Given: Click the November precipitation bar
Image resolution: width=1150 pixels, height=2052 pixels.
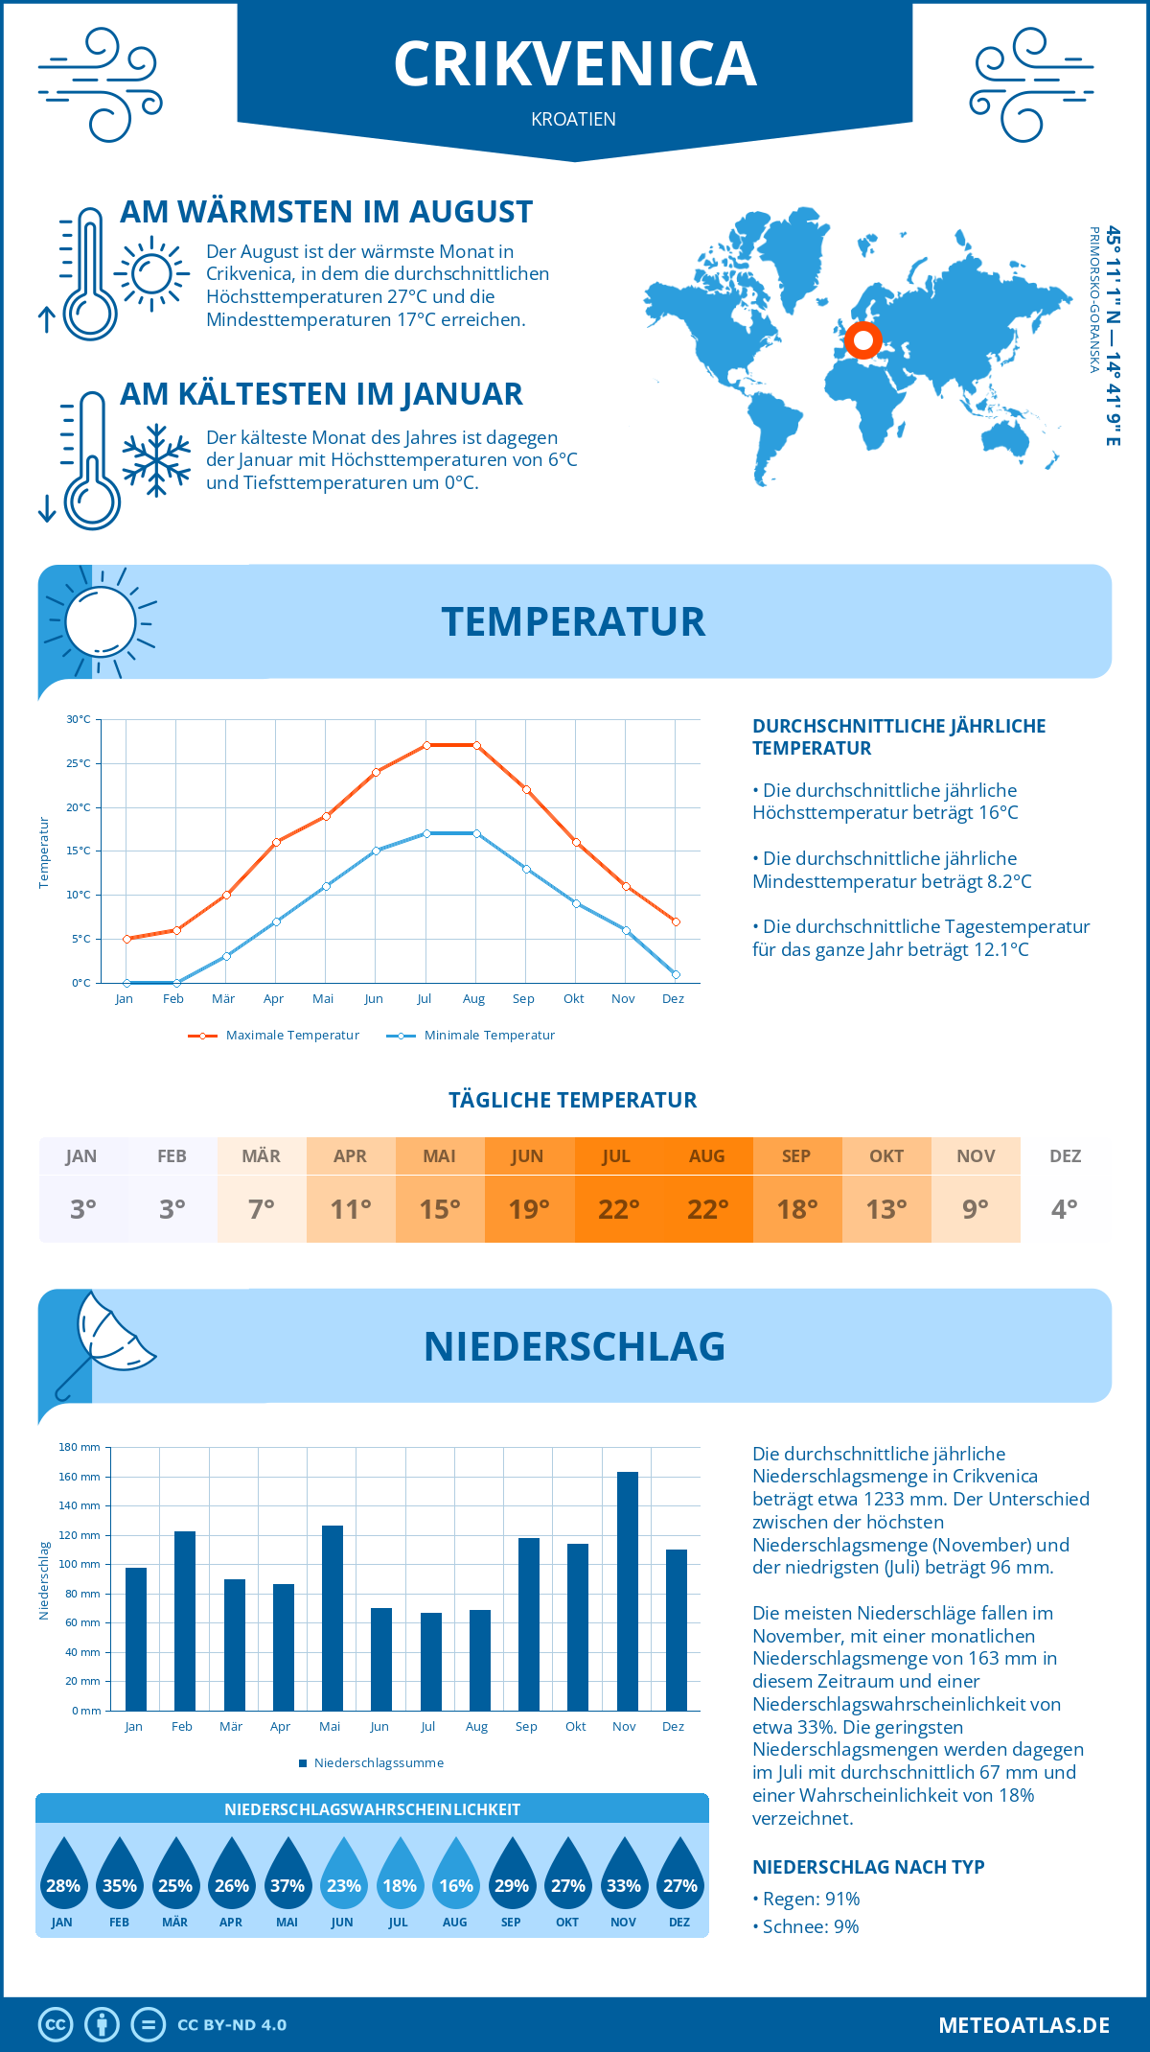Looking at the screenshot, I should point(627,1591).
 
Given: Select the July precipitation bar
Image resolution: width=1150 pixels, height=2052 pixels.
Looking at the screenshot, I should point(431,1662).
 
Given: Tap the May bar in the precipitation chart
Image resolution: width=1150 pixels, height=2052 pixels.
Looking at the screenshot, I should point(333,1618).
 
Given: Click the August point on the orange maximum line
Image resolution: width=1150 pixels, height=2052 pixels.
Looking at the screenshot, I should point(476,745).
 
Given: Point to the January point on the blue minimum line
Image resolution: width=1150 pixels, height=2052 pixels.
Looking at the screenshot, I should point(126,983).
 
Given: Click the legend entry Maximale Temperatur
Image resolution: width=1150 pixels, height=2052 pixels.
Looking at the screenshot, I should point(274,1036).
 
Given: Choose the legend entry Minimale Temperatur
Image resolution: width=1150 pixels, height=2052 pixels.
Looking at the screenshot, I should point(471,1036).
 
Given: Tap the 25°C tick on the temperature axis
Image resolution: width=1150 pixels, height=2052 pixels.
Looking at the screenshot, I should point(79,763).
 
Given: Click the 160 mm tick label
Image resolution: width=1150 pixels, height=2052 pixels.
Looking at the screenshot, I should point(80,1477).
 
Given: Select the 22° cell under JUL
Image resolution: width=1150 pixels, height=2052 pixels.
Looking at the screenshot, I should point(618,1209).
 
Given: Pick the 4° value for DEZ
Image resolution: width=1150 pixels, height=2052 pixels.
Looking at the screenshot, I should point(1065,1209).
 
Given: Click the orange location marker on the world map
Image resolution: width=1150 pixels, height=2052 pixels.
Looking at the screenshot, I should point(862,339).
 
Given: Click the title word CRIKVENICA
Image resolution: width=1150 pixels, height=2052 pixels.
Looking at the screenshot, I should point(575,64).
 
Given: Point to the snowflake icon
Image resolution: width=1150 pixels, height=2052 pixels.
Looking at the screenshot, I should point(156,460).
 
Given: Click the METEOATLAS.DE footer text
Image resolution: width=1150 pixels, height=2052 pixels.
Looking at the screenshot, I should point(1023,2025).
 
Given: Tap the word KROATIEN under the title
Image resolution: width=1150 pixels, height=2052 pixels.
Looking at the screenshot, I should point(573,119).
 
